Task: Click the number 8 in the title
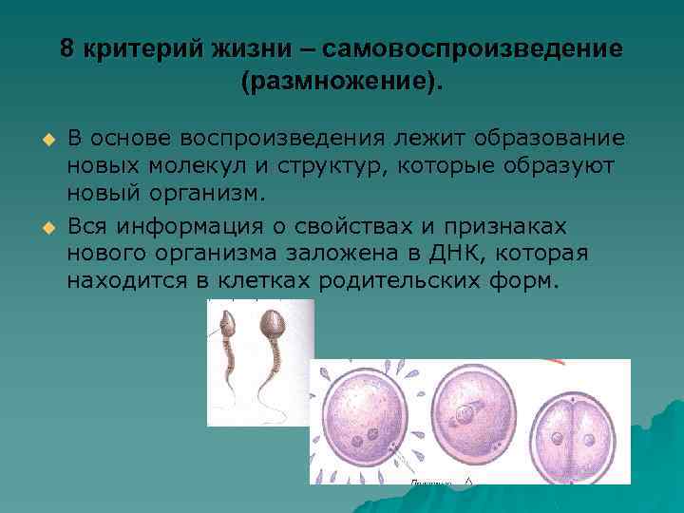pos(66,48)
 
